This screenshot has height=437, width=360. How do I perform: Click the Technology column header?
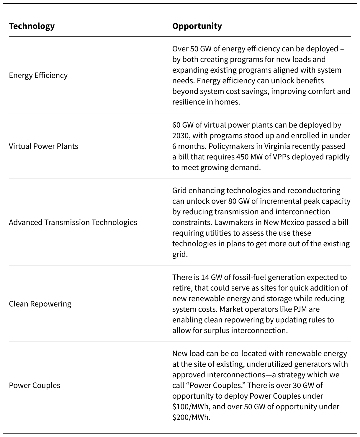32,26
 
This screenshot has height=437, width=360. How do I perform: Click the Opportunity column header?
197,26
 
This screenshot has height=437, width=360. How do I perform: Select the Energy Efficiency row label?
38,75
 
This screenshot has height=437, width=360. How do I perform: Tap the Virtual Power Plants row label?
43,146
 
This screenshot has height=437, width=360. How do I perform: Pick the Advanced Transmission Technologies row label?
73,222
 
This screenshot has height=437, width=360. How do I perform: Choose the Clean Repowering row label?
40,304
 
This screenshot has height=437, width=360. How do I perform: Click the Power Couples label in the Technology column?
35,385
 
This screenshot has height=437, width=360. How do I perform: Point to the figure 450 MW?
250,157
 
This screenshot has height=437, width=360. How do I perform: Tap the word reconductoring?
314,190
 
